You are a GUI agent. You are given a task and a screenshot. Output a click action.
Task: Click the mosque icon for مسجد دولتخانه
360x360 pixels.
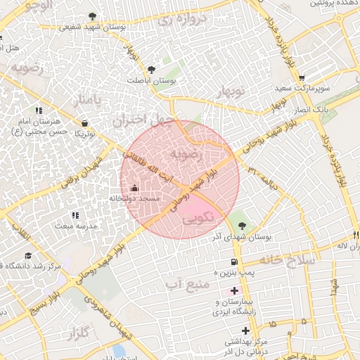click(x=135, y=188)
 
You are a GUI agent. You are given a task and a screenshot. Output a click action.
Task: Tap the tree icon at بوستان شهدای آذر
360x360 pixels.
click(x=243, y=226)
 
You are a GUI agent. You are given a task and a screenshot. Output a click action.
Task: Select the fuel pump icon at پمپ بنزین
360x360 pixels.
click(x=225, y=261)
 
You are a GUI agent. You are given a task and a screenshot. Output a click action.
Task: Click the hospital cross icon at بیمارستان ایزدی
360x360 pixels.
click(x=234, y=290)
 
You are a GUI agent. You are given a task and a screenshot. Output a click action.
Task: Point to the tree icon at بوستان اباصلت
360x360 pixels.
click(x=151, y=69)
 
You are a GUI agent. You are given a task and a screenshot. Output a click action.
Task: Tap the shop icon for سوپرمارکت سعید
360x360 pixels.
click(x=302, y=78)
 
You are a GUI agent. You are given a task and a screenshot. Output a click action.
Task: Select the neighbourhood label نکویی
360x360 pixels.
click(x=198, y=219)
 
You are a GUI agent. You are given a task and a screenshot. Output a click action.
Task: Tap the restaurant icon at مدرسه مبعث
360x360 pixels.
click(x=75, y=215)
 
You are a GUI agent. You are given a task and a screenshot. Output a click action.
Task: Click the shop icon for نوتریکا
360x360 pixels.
click(x=84, y=123)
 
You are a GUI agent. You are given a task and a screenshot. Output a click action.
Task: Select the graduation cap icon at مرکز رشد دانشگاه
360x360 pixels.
click(x=28, y=255)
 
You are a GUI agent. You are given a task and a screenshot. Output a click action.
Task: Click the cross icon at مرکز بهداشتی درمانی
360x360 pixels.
click(x=245, y=330)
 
